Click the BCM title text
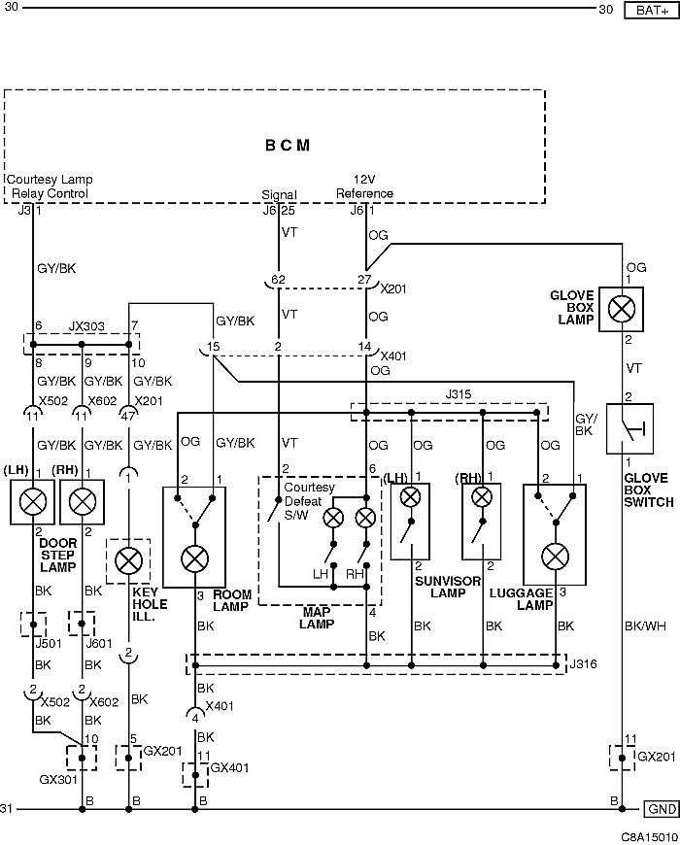[288, 146]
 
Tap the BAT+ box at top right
[652, 11]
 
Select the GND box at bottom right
[662, 809]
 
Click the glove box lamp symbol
[622, 309]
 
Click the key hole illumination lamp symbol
[128, 561]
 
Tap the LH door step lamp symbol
[32, 502]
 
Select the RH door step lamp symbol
[82, 502]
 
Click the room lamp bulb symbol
[194, 558]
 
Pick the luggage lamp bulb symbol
[555, 557]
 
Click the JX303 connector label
[86, 326]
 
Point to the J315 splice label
[458, 394]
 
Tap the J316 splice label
[583, 664]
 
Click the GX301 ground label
[58, 779]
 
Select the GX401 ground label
[229, 767]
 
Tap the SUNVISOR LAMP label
[448, 587]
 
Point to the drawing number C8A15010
[649, 837]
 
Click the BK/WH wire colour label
[645, 626]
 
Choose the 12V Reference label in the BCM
[365, 186]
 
